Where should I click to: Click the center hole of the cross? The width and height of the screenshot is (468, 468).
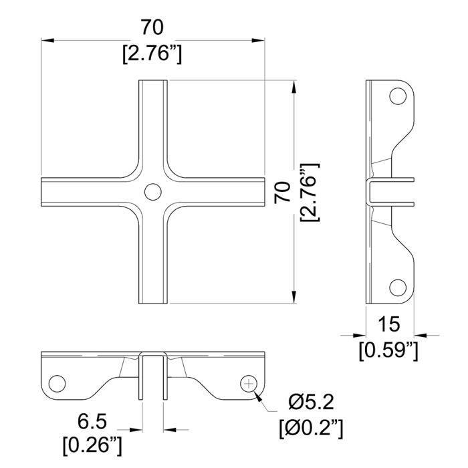coord(153,192)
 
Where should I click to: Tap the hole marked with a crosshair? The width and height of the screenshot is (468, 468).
coord(249,384)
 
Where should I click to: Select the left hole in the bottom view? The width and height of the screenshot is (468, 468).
coord(57,384)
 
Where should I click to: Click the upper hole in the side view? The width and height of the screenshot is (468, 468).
coord(398,96)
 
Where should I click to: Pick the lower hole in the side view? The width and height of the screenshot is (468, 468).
coord(398,287)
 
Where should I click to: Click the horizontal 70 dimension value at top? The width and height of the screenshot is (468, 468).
coord(152,27)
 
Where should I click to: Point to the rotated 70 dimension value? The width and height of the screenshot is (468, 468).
coord(282,193)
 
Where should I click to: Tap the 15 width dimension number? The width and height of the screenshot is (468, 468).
coord(388,324)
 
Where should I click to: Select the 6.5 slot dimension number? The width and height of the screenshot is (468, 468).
coord(92,422)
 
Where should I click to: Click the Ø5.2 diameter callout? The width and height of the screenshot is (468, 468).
coord(311,402)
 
